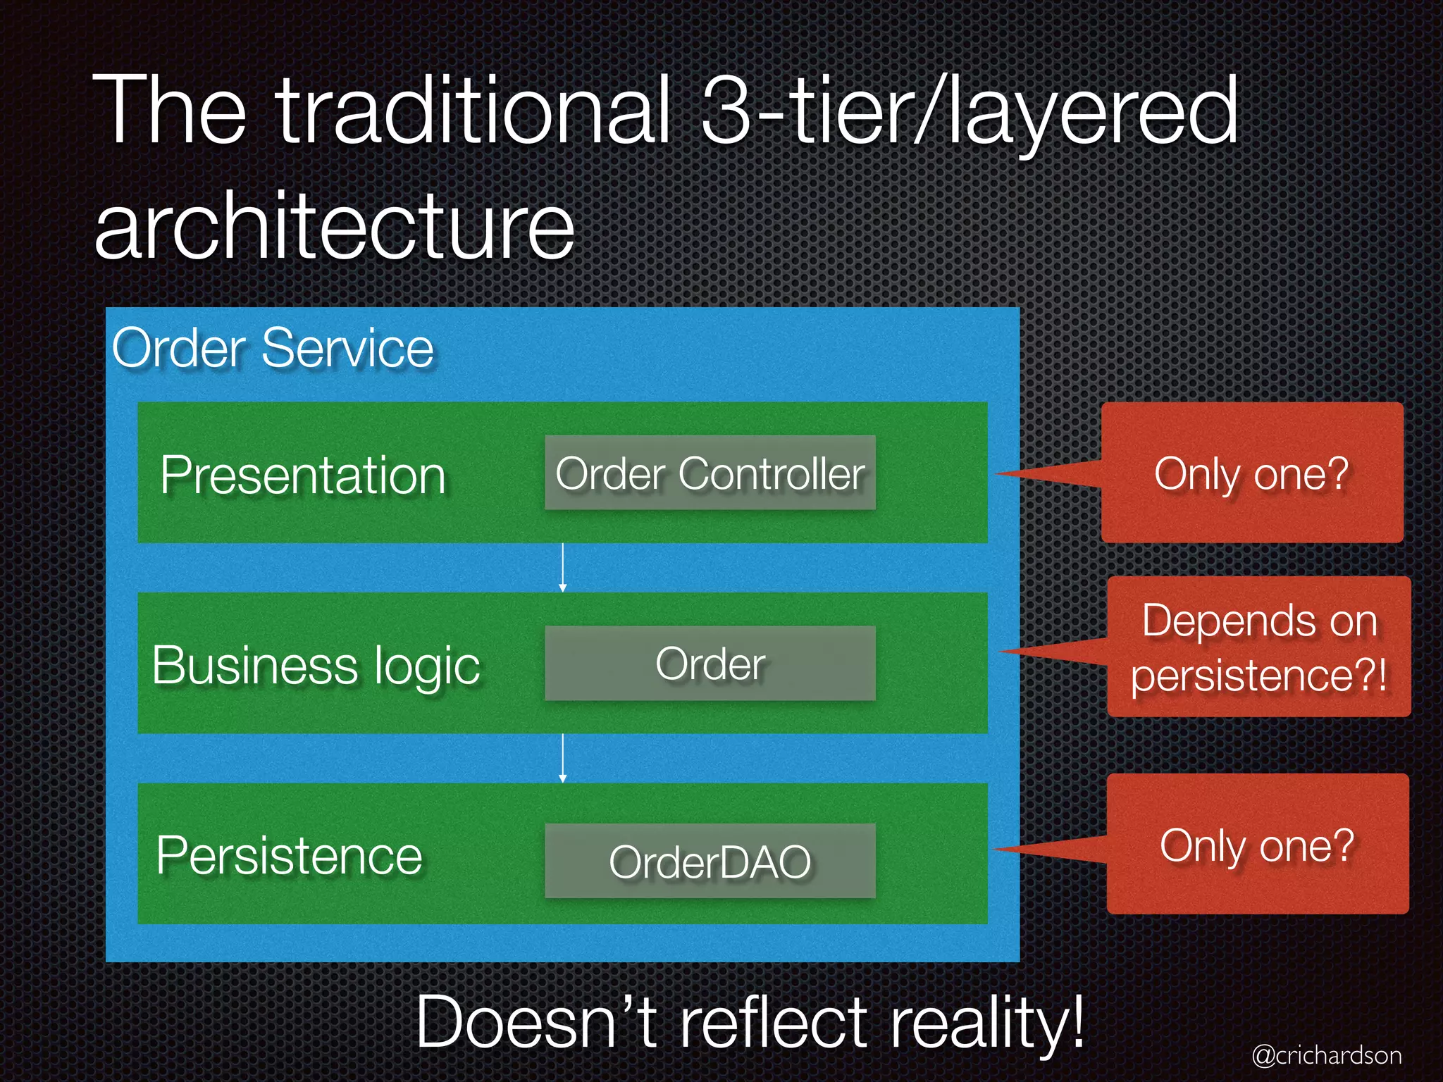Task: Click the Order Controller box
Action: tap(710, 473)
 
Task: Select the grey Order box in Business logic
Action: tap(710, 664)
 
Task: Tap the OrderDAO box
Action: tap(710, 861)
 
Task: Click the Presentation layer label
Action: tap(303, 475)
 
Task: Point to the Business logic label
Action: tap(316, 666)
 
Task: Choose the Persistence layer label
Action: tap(289, 856)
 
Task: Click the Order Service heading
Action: tap(273, 348)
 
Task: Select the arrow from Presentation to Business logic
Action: tap(562, 567)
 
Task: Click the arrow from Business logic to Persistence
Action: tap(562, 758)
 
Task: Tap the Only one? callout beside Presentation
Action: tap(1251, 473)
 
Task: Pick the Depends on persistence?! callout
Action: tap(1258, 647)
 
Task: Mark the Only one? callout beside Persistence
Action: tap(1257, 845)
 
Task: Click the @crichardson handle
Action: tap(1326, 1055)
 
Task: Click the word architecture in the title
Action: tap(335, 227)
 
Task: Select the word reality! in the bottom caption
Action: tap(986, 1023)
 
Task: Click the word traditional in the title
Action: tap(472, 111)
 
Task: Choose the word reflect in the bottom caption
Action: tap(773, 1023)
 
